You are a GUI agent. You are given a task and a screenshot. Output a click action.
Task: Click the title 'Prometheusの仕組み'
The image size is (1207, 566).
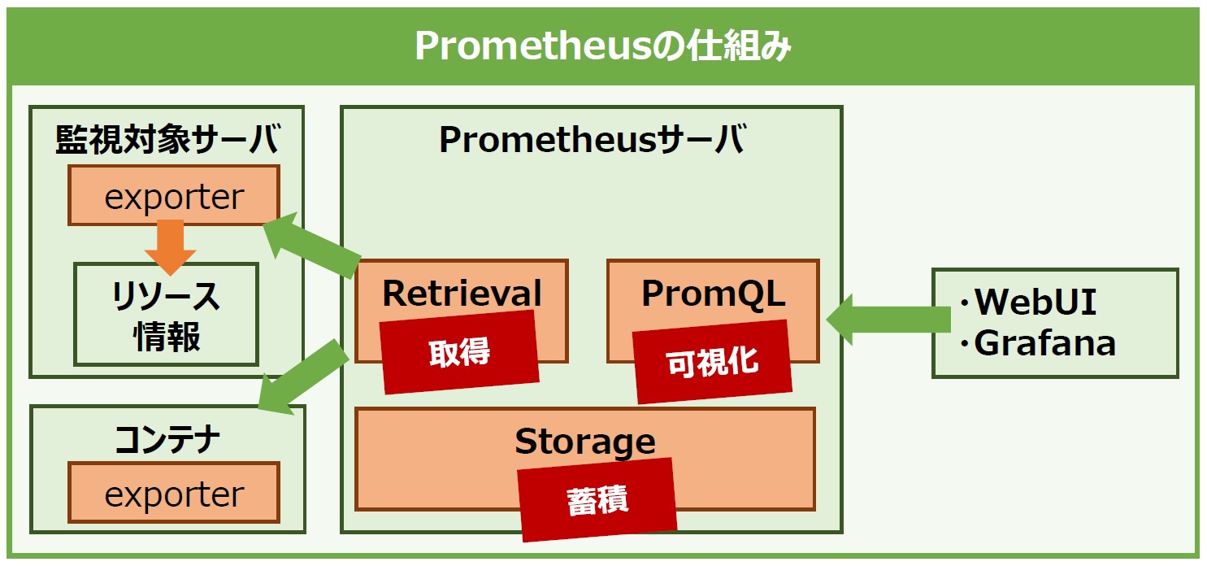(x=602, y=46)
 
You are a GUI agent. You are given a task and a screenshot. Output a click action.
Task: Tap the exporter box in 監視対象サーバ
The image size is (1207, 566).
(x=174, y=195)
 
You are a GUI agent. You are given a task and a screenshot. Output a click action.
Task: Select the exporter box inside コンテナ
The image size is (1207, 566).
(x=174, y=493)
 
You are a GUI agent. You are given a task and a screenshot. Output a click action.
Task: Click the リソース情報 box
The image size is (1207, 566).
(x=166, y=315)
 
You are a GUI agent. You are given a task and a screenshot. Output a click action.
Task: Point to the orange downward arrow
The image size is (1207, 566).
(x=171, y=247)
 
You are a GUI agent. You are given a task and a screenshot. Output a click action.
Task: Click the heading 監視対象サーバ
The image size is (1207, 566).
(x=167, y=139)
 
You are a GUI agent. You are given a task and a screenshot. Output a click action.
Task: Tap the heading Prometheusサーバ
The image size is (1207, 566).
(x=593, y=139)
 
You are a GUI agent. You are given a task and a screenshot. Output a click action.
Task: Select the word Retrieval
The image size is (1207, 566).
(x=462, y=294)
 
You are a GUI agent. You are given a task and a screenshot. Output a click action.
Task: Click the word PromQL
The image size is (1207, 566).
(x=714, y=294)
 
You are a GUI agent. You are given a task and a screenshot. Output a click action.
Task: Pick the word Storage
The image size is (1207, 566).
(x=585, y=442)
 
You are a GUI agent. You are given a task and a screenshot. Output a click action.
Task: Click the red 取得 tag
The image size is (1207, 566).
(x=459, y=352)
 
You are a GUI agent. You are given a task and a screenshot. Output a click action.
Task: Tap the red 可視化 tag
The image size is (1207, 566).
(x=712, y=362)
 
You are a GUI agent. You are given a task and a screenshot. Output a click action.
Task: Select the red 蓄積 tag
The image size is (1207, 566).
(x=597, y=499)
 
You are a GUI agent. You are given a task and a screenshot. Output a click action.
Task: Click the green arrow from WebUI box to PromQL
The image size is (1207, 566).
(x=888, y=320)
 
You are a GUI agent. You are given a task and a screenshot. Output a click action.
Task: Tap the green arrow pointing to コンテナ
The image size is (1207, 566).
(x=303, y=377)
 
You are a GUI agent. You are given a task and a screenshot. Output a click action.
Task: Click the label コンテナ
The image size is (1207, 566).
(x=167, y=439)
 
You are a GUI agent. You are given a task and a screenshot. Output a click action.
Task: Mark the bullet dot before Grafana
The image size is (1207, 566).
(x=965, y=343)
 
